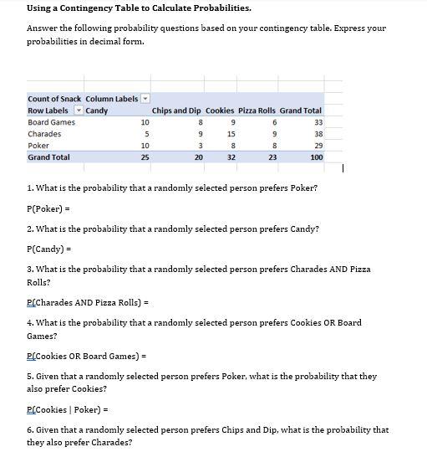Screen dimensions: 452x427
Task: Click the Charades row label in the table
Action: pos(44,134)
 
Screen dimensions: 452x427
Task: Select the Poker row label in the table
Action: pos(38,146)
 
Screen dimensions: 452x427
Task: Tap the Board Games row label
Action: pos(51,122)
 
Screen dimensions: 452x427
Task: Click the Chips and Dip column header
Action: pos(176,110)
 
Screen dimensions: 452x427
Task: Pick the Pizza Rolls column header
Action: pos(257,110)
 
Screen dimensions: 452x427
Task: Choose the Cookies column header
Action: pos(220,110)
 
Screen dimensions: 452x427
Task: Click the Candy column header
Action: pos(97,110)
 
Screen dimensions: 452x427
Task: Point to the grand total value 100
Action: pos(316,157)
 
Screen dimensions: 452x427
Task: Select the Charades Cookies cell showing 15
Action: pos(231,134)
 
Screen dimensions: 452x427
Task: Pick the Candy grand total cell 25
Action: pos(145,157)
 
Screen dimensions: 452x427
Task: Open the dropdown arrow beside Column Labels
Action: pos(146,99)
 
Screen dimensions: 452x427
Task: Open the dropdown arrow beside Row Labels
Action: pos(79,110)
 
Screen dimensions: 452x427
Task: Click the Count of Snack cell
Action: pos(54,99)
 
